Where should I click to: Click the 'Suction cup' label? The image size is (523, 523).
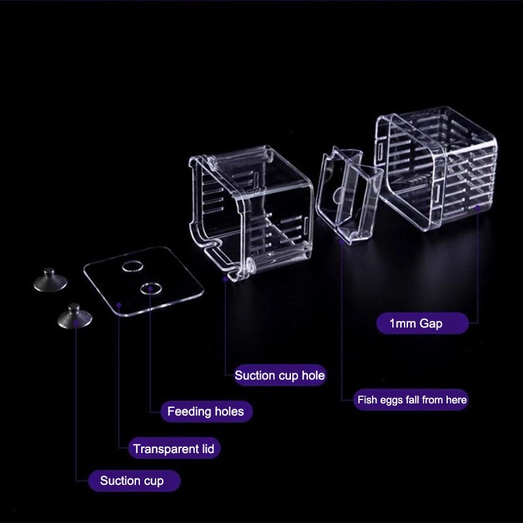[x=131, y=481]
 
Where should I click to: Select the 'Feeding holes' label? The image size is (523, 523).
[x=205, y=411]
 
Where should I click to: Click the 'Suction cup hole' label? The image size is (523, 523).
[x=279, y=375]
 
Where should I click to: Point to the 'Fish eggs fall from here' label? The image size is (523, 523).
[x=412, y=399]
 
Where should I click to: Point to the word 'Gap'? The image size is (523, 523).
[x=431, y=323]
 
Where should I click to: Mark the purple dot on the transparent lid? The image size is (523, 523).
[x=119, y=304]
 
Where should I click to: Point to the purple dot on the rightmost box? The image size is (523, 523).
[x=478, y=208]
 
